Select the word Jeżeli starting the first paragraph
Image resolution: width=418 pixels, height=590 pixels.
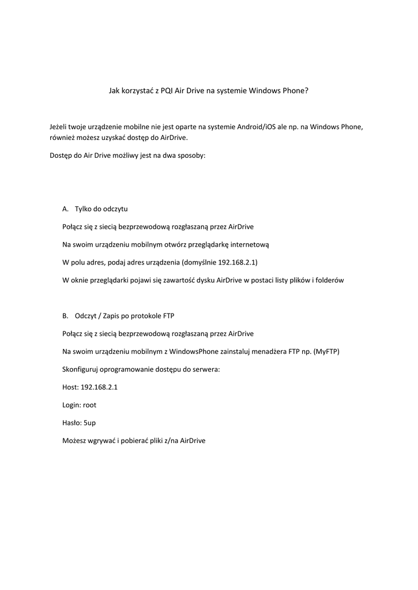tap(60, 126)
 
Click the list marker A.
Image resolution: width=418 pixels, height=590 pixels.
tap(65, 209)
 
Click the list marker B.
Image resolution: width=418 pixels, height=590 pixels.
tap(65, 316)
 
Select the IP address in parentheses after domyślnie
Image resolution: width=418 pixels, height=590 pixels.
tap(237, 262)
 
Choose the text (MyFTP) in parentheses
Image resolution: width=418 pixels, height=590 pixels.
tap(326, 351)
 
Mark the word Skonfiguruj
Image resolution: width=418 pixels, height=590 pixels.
tap(81, 369)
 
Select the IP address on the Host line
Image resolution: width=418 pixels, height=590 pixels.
tap(100, 387)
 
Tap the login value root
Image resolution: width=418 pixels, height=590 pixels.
tap(90, 405)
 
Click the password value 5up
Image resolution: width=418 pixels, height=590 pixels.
tap(90, 423)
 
